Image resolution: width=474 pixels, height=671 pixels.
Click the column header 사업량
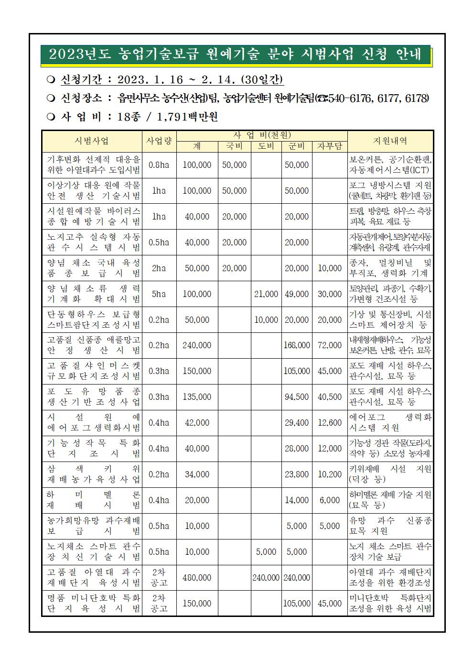pyautogui.click(x=159, y=141)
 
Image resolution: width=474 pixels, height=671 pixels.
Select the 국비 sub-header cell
pyautogui.click(x=234, y=146)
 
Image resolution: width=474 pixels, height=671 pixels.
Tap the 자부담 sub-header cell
pyautogui.click(x=330, y=146)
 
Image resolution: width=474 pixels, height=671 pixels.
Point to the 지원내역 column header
pyautogui.click(x=390, y=141)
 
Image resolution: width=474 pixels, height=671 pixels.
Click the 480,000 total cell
pyautogui.click(x=197, y=578)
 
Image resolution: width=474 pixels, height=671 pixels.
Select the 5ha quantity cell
pyautogui.click(x=159, y=294)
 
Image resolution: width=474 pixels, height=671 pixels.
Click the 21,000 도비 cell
pyautogui.click(x=266, y=294)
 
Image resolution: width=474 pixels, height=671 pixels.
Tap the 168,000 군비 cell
pyautogui.click(x=296, y=345)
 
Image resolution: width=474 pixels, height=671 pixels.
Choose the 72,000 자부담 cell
pyautogui.click(x=330, y=345)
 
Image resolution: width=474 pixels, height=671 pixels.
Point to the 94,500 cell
pyautogui.click(x=296, y=397)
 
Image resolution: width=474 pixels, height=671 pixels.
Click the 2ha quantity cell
pyautogui.click(x=159, y=268)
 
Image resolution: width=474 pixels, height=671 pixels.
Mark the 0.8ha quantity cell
pyautogui.click(x=159, y=165)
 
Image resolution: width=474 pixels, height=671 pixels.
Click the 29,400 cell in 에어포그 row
pyautogui.click(x=296, y=423)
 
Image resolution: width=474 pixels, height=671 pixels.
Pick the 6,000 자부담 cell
pyautogui.click(x=330, y=500)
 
